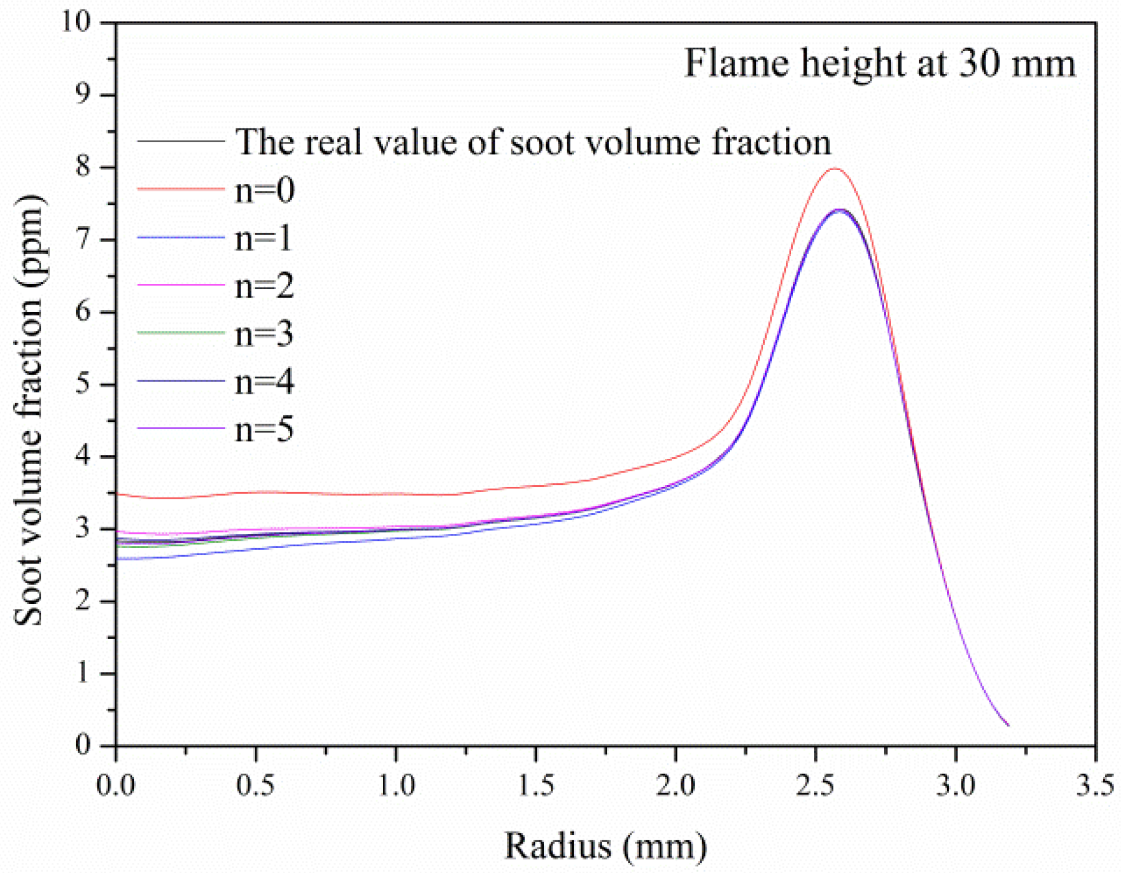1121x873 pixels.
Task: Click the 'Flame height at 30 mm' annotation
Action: click(x=880, y=64)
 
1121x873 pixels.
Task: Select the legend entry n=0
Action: click(x=264, y=191)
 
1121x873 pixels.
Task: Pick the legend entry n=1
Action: click(x=263, y=239)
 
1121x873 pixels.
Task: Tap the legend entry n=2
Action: click(x=264, y=286)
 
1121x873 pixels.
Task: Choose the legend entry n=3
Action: click(x=264, y=334)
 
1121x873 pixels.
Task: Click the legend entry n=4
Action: click(x=264, y=381)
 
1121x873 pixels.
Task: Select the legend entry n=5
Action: click(x=264, y=429)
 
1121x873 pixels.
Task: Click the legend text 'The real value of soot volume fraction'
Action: click(x=533, y=143)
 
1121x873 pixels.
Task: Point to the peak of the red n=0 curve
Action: click(x=835, y=169)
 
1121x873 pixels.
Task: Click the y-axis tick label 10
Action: click(x=76, y=22)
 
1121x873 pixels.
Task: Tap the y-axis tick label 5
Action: click(x=83, y=384)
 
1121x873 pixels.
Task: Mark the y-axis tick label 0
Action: click(x=83, y=745)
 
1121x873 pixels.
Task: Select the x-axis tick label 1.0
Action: click(x=396, y=786)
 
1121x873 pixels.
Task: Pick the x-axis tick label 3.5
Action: click(x=1094, y=786)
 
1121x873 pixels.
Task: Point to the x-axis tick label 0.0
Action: click(x=116, y=786)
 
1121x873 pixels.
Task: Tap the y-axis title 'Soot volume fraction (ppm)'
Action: click(x=29, y=409)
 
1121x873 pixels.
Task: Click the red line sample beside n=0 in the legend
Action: click(x=181, y=189)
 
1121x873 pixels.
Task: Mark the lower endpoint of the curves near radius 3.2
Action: click(x=1008, y=725)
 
